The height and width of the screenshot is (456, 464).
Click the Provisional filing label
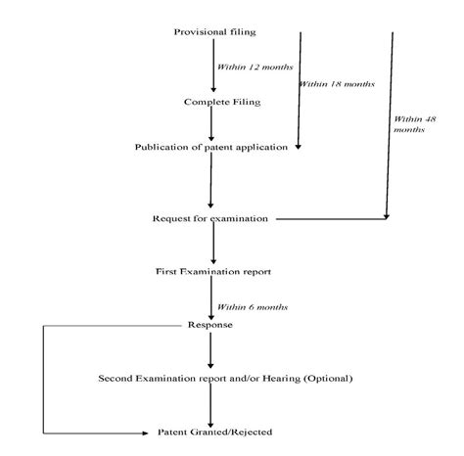point(214,32)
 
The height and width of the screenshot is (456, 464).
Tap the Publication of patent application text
point(211,148)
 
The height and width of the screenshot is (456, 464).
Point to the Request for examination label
point(210,218)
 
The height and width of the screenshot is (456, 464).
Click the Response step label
point(209,325)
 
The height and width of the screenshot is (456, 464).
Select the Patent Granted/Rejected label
point(215,432)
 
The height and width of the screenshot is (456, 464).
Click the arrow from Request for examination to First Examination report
point(211,245)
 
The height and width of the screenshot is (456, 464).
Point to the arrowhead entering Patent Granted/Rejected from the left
point(149,432)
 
